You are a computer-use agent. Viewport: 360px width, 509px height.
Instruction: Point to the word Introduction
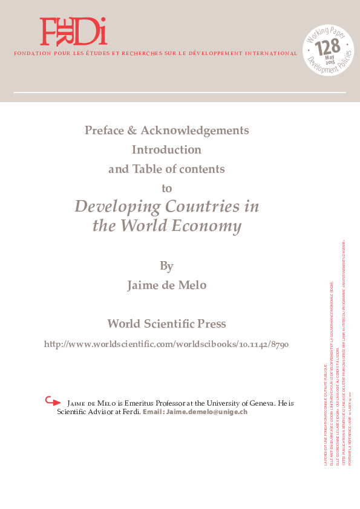tap(166, 149)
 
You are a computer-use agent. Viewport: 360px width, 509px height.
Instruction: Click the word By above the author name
tap(166, 266)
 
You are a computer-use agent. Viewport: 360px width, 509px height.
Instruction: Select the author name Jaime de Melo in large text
tap(166, 285)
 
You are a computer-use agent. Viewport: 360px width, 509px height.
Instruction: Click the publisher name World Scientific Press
tap(166, 323)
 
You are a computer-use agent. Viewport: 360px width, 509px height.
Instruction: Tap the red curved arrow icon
tap(53, 401)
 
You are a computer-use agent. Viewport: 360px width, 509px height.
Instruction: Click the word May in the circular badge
tap(330, 57)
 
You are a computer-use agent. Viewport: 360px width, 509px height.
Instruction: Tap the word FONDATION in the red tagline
tap(28, 54)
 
